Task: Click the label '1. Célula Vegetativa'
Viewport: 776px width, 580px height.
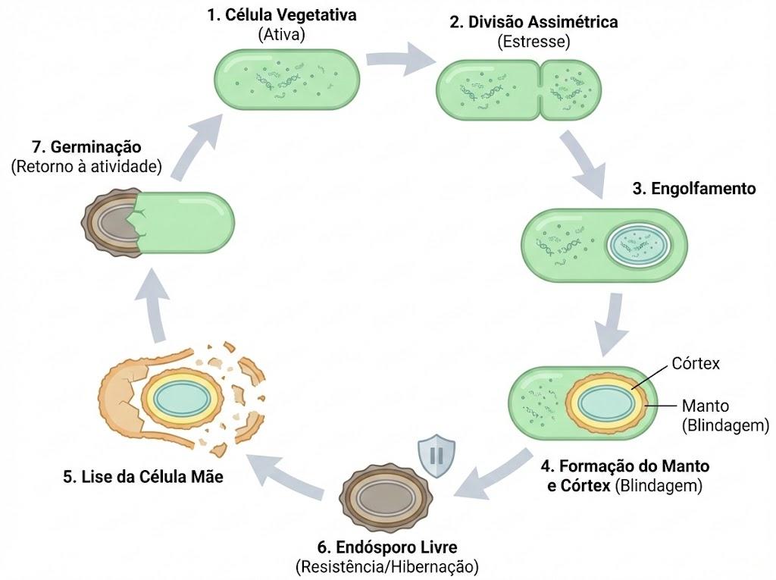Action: point(282,15)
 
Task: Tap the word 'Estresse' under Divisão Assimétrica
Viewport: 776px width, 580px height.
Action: point(533,42)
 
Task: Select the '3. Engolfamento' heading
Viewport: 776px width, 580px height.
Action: point(694,189)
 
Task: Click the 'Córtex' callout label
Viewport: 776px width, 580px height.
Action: point(696,364)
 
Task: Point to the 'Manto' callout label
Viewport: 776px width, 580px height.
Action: point(706,406)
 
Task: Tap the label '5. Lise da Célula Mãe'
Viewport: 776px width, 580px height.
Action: point(143,476)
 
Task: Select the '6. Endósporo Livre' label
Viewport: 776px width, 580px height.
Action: point(387,547)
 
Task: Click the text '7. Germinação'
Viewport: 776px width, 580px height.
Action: point(86,147)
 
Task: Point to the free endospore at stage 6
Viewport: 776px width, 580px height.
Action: point(386,498)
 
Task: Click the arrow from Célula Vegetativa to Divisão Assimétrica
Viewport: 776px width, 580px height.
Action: point(400,58)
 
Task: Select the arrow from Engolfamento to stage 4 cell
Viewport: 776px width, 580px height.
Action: point(610,324)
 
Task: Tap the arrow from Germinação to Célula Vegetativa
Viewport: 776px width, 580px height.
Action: point(196,146)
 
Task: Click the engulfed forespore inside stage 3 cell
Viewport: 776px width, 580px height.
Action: point(640,245)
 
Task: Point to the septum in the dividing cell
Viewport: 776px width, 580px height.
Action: point(540,90)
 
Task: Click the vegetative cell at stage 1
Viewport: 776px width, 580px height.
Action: point(287,79)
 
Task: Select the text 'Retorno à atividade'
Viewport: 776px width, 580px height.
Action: point(86,167)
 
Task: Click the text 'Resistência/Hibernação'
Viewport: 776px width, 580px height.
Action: point(387,566)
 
